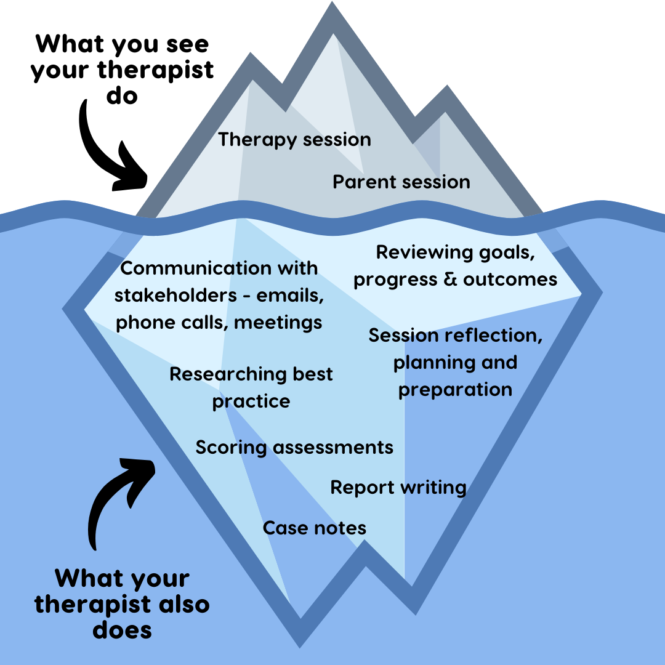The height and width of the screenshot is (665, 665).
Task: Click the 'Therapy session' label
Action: [x=294, y=140]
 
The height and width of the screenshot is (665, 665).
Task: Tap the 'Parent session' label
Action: [x=401, y=182]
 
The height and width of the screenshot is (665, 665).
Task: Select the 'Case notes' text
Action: [x=315, y=528]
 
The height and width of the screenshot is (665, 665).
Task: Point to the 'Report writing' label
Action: [x=398, y=488]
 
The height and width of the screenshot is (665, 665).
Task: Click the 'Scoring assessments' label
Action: [x=294, y=447]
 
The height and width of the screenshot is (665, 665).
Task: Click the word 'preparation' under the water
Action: [x=455, y=390]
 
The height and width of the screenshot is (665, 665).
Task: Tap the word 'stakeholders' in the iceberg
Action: [x=172, y=296]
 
